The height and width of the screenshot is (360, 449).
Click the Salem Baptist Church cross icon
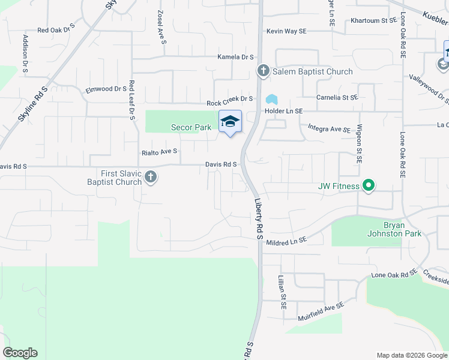coord(263,71)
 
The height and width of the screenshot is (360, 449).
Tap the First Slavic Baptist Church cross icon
coord(150,178)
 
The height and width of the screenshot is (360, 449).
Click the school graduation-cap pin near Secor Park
coord(229,122)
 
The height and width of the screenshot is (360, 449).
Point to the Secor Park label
coord(191,127)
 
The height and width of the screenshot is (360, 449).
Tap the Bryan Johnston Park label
coord(394,229)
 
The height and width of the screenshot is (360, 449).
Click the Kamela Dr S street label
coord(235,57)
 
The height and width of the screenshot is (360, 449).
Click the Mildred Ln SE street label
coord(286,239)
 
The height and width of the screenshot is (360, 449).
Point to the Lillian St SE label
coord(282,292)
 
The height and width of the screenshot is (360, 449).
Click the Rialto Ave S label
coord(158,152)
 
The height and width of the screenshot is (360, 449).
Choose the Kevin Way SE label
coord(286,31)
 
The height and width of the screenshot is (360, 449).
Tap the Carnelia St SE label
coord(337,97)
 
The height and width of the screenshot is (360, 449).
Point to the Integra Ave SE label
coord(329,128)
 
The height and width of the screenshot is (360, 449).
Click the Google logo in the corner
coord(20,353)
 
